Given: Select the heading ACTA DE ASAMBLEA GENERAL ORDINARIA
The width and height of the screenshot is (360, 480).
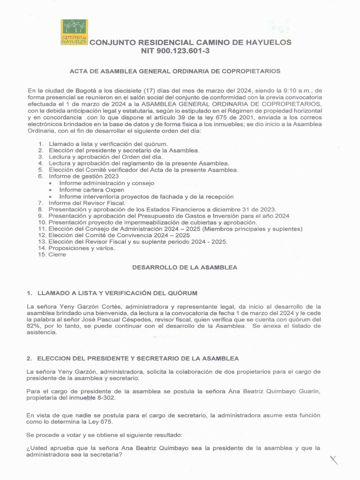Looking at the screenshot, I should [175, 71].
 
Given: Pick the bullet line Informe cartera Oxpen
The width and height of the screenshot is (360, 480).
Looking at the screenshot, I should [92, 190].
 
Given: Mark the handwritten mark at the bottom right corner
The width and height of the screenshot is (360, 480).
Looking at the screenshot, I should [334, 461].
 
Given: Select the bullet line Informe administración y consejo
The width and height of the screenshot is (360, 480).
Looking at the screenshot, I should [107, 183].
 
